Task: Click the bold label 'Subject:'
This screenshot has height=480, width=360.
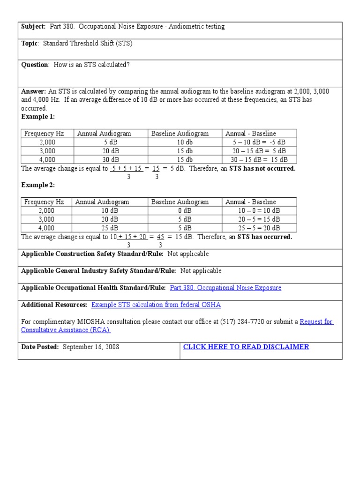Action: click(x=33, y=27)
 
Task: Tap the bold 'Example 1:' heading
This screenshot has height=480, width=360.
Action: click(x=38, y=117)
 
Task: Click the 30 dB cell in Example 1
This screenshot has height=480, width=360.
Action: click(x=111, y=159)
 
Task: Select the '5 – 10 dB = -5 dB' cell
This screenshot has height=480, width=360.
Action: click(x=259, y=142)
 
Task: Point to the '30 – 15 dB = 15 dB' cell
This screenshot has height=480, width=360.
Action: click(x=259, y=159)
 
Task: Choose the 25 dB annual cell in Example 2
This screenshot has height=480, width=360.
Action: click(x=110, y=228)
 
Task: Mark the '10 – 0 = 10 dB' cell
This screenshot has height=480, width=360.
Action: click(x=259, y=211)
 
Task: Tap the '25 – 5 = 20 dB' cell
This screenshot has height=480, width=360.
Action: click(x=259, y=228)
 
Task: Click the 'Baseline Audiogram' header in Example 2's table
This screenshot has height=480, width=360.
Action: click(x=180, y=202)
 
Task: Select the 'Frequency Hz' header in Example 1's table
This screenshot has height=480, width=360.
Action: click(x=44, y=134)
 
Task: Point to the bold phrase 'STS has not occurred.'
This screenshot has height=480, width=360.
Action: click(x=262, y=168)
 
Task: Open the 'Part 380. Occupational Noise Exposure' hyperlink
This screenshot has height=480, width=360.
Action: click(x=225, y=288)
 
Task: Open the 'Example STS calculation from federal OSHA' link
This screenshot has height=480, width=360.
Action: click(x=156, y=305)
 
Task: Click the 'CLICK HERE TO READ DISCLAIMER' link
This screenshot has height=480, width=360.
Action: click(x=246, y=347)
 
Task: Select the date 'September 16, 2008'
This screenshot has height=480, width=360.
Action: click(x=90, y=347)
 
